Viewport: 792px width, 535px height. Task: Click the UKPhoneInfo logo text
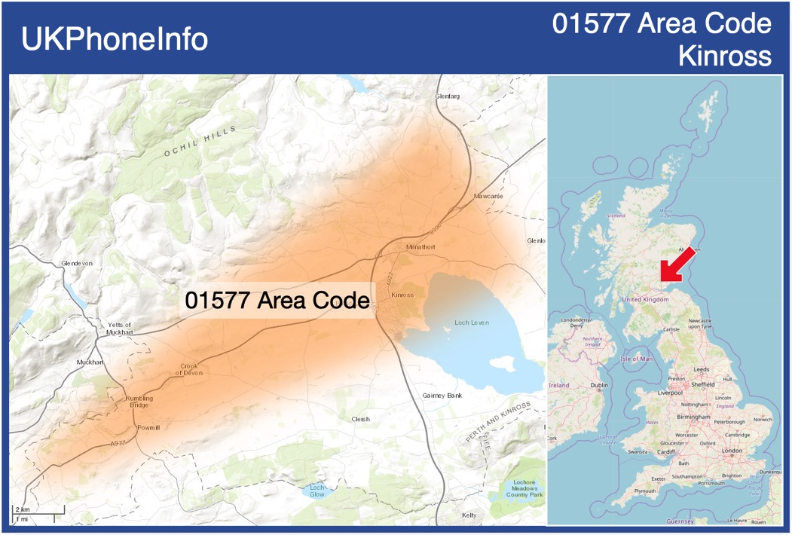pos(115,39)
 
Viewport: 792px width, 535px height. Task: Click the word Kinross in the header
pos(724,56)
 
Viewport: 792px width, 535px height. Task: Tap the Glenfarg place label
pos(447,96)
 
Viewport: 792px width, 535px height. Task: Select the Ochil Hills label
pos(199,141)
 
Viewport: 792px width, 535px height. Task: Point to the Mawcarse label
pos(488,196)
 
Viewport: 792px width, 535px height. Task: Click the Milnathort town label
pos(420,247)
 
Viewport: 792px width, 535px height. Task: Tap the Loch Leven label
pos(472,323)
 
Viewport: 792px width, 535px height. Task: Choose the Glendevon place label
pos(77,263)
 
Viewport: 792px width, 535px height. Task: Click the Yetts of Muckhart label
pos(119,328)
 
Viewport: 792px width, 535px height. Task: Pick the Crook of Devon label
pos(189,370)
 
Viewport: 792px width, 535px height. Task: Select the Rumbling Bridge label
pos(139,402)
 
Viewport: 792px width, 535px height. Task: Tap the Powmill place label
pos(148,427)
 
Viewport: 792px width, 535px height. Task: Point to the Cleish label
pos(361,419)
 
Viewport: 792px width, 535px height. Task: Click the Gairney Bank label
pos(442,396)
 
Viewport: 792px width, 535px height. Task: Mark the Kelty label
pos(469,515)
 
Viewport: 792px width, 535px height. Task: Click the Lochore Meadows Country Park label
pos(524,488)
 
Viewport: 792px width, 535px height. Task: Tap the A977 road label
pos(118,444)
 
